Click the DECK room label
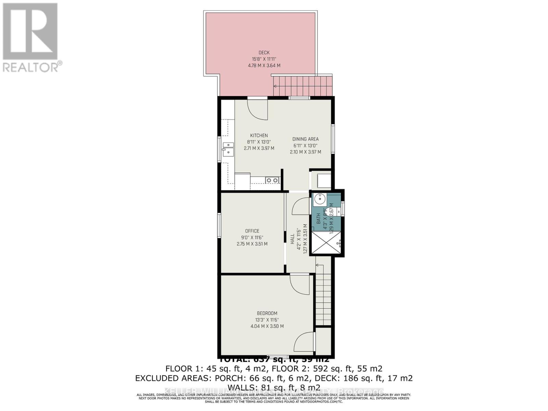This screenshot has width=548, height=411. point(264,52)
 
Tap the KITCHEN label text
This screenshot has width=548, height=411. point(259,136)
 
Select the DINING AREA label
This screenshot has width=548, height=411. point(306,139)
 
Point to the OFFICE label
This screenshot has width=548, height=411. point(252,231)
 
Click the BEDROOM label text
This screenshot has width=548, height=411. point(267,313)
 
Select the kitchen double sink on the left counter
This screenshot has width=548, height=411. point(228,150)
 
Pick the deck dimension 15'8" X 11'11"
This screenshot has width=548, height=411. point(264,59)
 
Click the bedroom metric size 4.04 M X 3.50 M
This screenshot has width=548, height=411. point(267,326)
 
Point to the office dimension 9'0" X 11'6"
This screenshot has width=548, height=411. point(252,237)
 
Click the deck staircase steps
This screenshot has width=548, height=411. point(303,86)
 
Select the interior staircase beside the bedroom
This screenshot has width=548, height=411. point(324,295)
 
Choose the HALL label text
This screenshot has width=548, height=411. point(292,239)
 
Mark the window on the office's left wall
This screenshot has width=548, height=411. point(219,225)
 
